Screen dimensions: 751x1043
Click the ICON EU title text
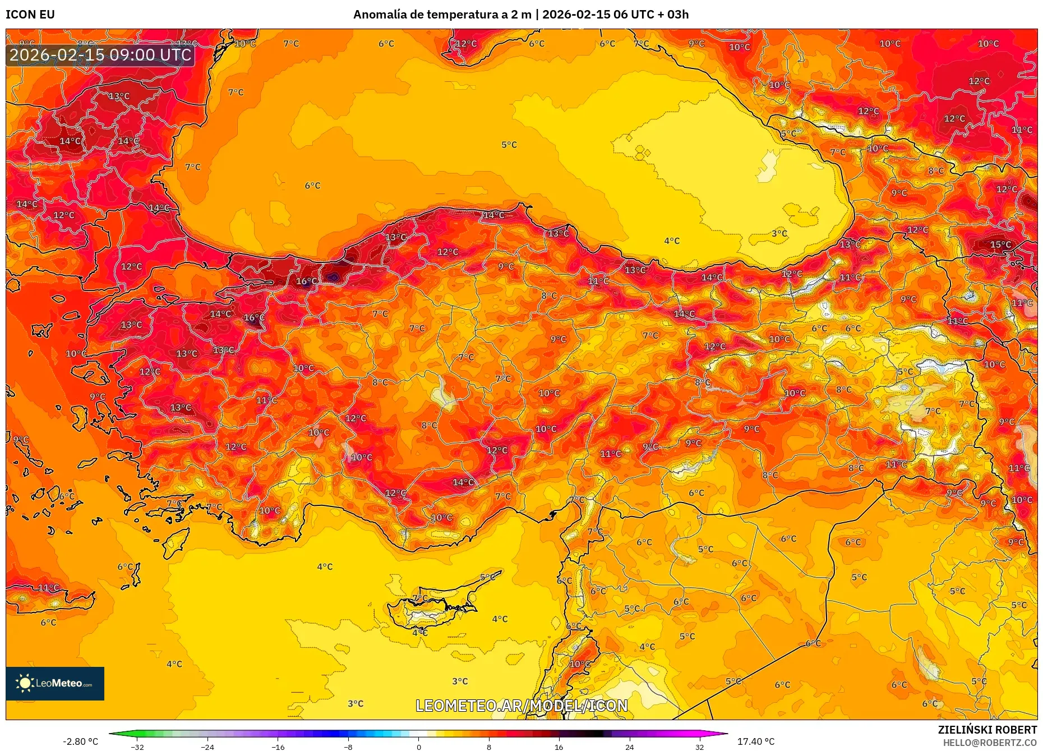pos(30,15)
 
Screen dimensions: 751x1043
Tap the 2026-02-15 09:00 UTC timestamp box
pos(100,55)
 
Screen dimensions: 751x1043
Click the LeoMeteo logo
pos(55,683)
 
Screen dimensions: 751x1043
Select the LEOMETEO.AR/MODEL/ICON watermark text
pos(521,706)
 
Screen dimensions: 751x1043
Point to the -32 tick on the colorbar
pos(137,747)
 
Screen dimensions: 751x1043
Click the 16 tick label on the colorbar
pos(559,747)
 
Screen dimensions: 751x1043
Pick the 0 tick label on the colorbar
pos(418,747)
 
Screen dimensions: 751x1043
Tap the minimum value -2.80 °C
pos(80,741)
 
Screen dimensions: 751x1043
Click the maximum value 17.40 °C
pos(755,741)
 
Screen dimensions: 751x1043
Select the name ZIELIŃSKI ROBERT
pos(987,730)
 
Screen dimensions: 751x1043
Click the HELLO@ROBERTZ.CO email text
pos(990,743)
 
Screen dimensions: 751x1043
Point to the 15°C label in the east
pos(1000,245)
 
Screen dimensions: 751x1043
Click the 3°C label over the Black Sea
pos(779,233)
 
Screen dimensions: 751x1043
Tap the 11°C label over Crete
pos(48,587)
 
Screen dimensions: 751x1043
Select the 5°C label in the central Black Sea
pos(509,145)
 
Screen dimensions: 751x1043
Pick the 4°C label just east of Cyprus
pos(500,619)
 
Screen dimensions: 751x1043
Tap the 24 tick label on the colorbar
pos(629,747)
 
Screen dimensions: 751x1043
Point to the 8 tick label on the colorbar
pos(488,747)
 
